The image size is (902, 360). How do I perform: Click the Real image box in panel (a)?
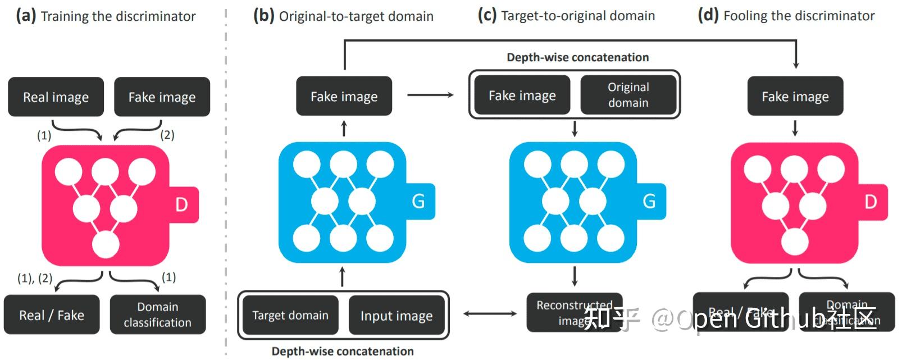(56, 97)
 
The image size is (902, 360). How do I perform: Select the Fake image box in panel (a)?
(162, 97)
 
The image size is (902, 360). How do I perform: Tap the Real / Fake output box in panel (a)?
(52, 315)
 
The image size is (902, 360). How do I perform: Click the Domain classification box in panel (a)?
(158, 315)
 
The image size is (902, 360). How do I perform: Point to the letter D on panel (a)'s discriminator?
(181, 204)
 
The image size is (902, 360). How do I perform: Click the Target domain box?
(290, 315)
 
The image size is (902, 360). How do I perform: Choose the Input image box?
(397, 316)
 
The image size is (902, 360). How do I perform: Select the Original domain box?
(628, 95)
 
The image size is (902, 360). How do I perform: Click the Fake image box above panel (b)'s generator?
(344, 97)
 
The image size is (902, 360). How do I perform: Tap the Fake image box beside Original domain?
(522, 95)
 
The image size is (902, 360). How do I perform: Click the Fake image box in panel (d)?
(795, 97)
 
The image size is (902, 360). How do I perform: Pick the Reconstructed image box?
(574, 312)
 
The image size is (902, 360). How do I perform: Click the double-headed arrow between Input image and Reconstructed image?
(490, 313)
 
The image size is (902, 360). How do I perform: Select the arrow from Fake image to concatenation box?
(430, 95)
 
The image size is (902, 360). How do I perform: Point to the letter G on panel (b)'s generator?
(418, 201)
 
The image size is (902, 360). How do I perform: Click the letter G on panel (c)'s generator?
(649, 201)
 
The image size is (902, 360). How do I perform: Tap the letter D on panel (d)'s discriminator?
(871, 202)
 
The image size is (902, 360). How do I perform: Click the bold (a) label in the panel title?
(26, 16)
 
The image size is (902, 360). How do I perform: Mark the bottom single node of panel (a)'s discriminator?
(106, 245)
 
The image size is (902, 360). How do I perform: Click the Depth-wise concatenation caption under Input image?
(343, 352)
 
